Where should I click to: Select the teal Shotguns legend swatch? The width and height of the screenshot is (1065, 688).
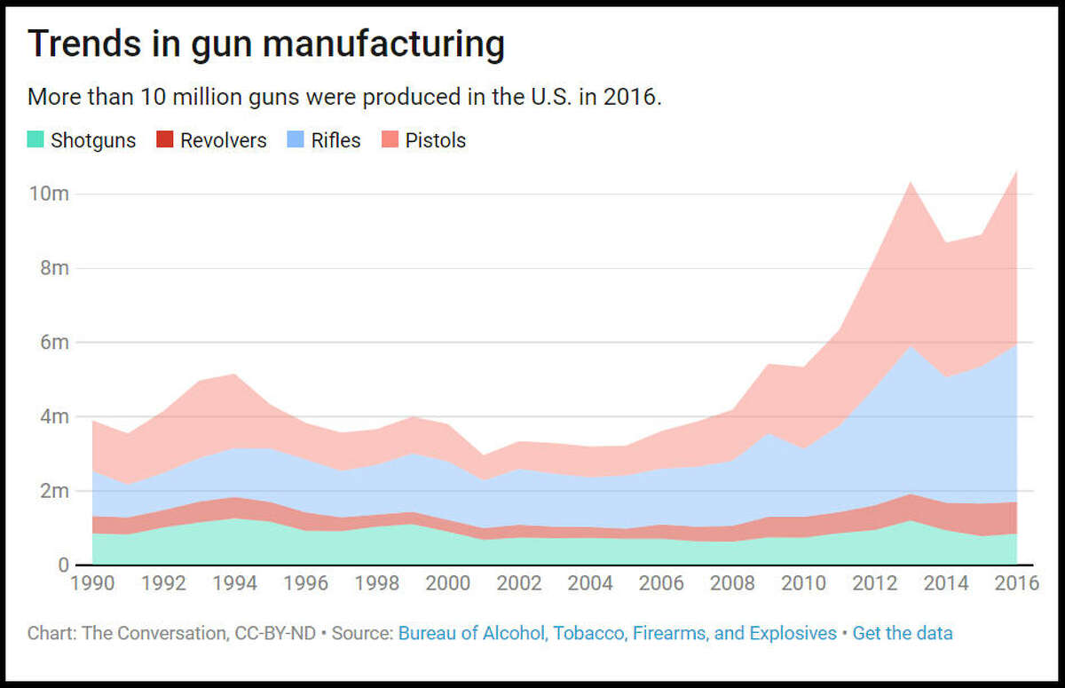coord(35,140)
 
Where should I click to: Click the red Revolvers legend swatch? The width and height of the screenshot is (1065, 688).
coord(165,140)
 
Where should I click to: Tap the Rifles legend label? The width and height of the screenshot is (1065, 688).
coord(335,140)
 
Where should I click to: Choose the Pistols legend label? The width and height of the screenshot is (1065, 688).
coord(435,140)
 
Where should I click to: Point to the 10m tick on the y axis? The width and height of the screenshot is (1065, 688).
coord(49,194)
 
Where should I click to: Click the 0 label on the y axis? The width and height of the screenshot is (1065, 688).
coord(63,565)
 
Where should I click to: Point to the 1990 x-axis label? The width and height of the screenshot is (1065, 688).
coord(92,583)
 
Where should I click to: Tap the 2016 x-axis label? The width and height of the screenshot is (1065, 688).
coord(1015,583)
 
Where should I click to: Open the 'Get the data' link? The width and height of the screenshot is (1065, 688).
coord(902,633)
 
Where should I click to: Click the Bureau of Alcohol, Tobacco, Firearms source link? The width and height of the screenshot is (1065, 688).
coord(617,633)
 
